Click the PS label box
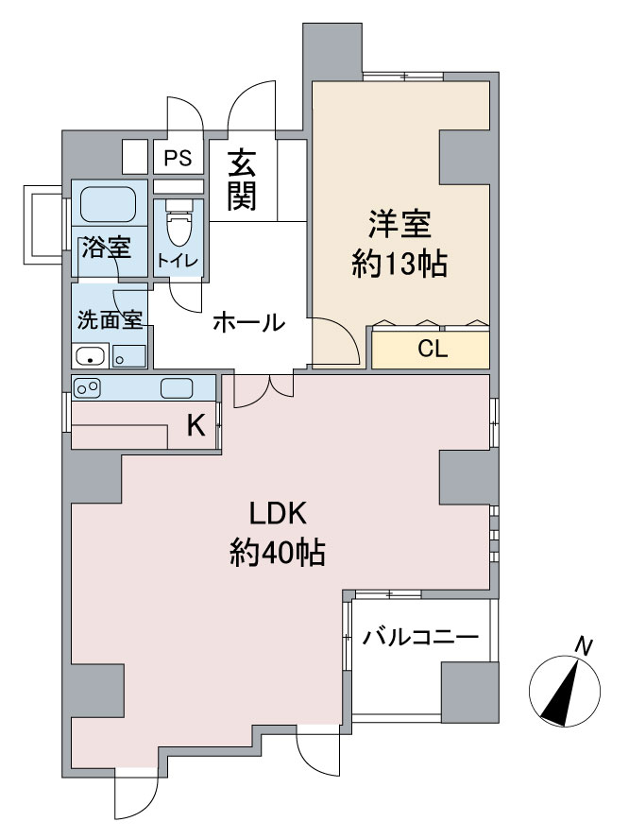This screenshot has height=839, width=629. tap(178, 158)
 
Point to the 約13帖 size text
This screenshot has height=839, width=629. tap(399, 265)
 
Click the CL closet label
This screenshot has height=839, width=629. tap(432, 350)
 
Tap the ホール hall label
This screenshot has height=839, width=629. tap(247, 322)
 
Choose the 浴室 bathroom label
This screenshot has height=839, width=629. tap(105, 248)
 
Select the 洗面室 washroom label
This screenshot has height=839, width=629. tap(109, 319)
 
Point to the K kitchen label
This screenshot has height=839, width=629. tap(195, 426)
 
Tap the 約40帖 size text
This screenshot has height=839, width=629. tap(277, 551)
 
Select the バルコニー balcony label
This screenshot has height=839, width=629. tap(420, 638)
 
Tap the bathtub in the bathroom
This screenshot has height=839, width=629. tap(109, 204)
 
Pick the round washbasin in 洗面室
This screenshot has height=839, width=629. tap(90, 357)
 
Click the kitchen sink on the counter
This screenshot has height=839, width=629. tap(177, 387)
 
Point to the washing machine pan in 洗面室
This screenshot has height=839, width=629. tap(128, 356)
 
